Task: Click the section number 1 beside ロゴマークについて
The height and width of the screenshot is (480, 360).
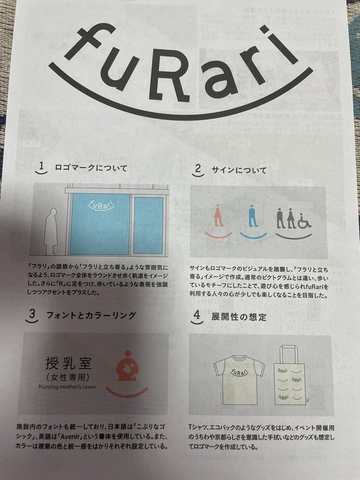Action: (x=42, y=166)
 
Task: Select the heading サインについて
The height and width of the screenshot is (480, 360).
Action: (x=239, y=170)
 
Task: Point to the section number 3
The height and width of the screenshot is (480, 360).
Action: (x=32, y=314)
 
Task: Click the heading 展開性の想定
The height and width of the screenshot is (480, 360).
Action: (x=239, y=317)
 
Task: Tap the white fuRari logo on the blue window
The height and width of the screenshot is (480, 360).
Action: (x=101, y=204)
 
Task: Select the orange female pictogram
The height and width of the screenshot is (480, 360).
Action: (x=218, y=216)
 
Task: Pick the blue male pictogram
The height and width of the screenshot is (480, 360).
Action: (x=253, y=216)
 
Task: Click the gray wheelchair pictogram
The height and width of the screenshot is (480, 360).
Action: (x=304, y=221)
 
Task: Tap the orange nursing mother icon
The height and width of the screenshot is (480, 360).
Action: (x=128, y=366)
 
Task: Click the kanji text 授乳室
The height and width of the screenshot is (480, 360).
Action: (x=68, y=364)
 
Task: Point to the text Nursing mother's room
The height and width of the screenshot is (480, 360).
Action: (x=67, y=386)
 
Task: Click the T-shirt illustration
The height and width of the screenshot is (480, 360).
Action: (x=239, y=380)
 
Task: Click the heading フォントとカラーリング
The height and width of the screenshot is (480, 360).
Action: (x=91, y=316)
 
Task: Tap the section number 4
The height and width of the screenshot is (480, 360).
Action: (x=197, y=314)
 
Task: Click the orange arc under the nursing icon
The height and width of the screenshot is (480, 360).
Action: (x=127, y=393)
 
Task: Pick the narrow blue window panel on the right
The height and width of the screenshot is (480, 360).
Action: (x=148, y=226)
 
